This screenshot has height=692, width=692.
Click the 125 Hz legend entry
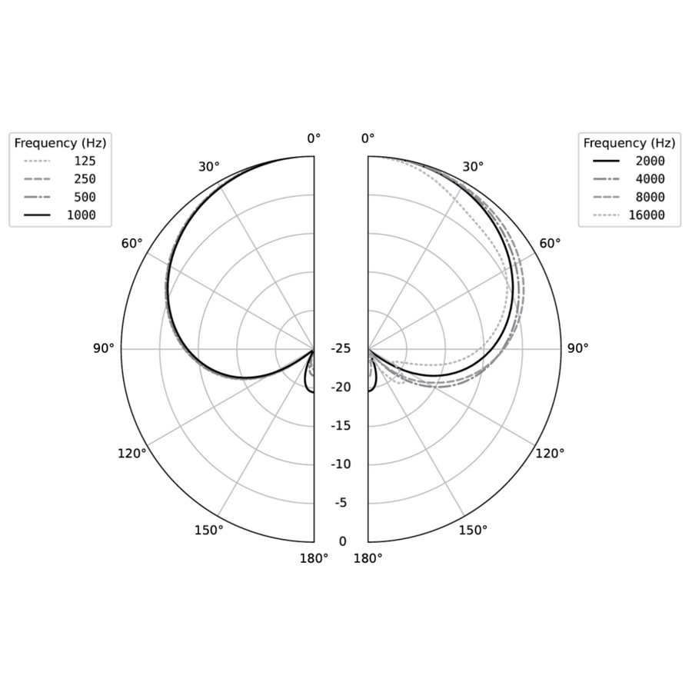point(59,161)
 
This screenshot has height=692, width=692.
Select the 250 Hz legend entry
point(59,179)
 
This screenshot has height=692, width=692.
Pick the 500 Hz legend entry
point(59,198)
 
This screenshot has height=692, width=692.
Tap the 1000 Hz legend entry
point(59,215)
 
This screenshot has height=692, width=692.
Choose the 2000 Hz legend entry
point(629,161)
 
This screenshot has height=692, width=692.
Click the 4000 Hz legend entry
point(629,179)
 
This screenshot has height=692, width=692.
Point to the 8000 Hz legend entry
point(629,198)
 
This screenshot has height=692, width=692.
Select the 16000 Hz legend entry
point(629,215)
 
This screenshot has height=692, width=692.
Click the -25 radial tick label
point(341,348)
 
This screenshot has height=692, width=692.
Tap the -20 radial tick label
point(341,387)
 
